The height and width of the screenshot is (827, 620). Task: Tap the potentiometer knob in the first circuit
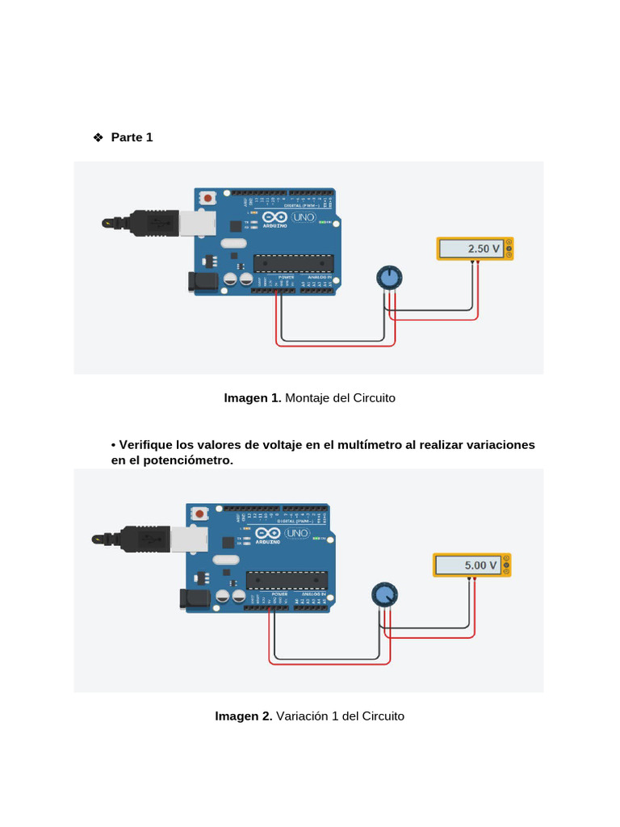(389, 278)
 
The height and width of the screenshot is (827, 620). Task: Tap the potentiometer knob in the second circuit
(384, 595)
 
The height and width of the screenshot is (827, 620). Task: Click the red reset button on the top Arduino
(208, 197)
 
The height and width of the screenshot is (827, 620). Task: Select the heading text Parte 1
(132, 137)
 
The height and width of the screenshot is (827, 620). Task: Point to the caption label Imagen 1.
(252, 398)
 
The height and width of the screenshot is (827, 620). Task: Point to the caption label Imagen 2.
(243, 716)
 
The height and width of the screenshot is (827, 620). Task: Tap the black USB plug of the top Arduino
(153, 223)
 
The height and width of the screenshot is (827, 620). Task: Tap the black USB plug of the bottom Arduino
(145, 539)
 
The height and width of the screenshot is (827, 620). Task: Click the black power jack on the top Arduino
(202, 281)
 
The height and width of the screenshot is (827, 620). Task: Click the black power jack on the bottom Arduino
(193, 598)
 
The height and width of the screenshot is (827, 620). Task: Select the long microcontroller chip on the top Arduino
(293, 263)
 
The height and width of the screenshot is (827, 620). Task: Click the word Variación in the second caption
(303, 716)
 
